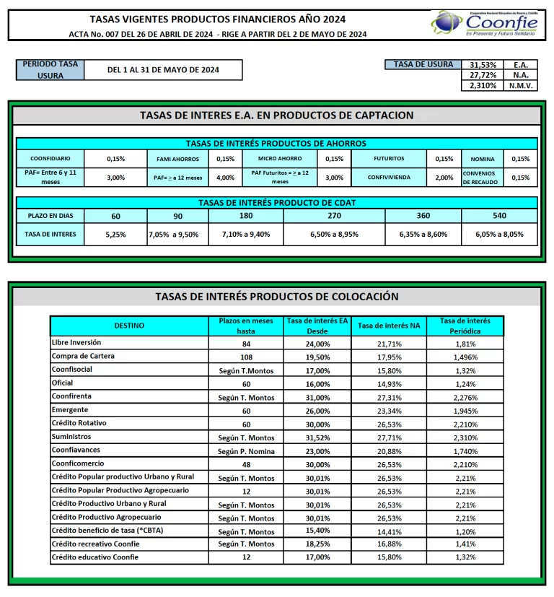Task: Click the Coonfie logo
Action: tap(484, 23)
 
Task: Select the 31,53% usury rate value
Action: tap(483, 65)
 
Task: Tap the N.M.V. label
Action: tap(519, 86)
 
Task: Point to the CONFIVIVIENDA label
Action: tap(390, 178)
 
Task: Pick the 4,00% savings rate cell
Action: tap(225, 178)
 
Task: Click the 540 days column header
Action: tap(499, 215)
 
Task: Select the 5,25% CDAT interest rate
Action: tap(115, 234)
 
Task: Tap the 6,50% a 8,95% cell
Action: tap(334, 234)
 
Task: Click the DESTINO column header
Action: tap(129, 326)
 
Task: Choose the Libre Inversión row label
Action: tap(76, 342)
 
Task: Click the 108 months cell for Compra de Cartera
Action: tap(247, 357)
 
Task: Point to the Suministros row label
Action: tap(71, 437)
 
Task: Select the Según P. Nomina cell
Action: tap(247, 450)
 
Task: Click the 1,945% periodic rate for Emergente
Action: tap(465, 411)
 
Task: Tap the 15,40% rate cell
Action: tap(318, 531)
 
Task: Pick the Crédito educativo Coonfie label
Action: tap(95, 557)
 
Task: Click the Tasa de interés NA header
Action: tap(389, 326)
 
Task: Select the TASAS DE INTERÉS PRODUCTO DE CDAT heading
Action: tap(277, 203)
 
